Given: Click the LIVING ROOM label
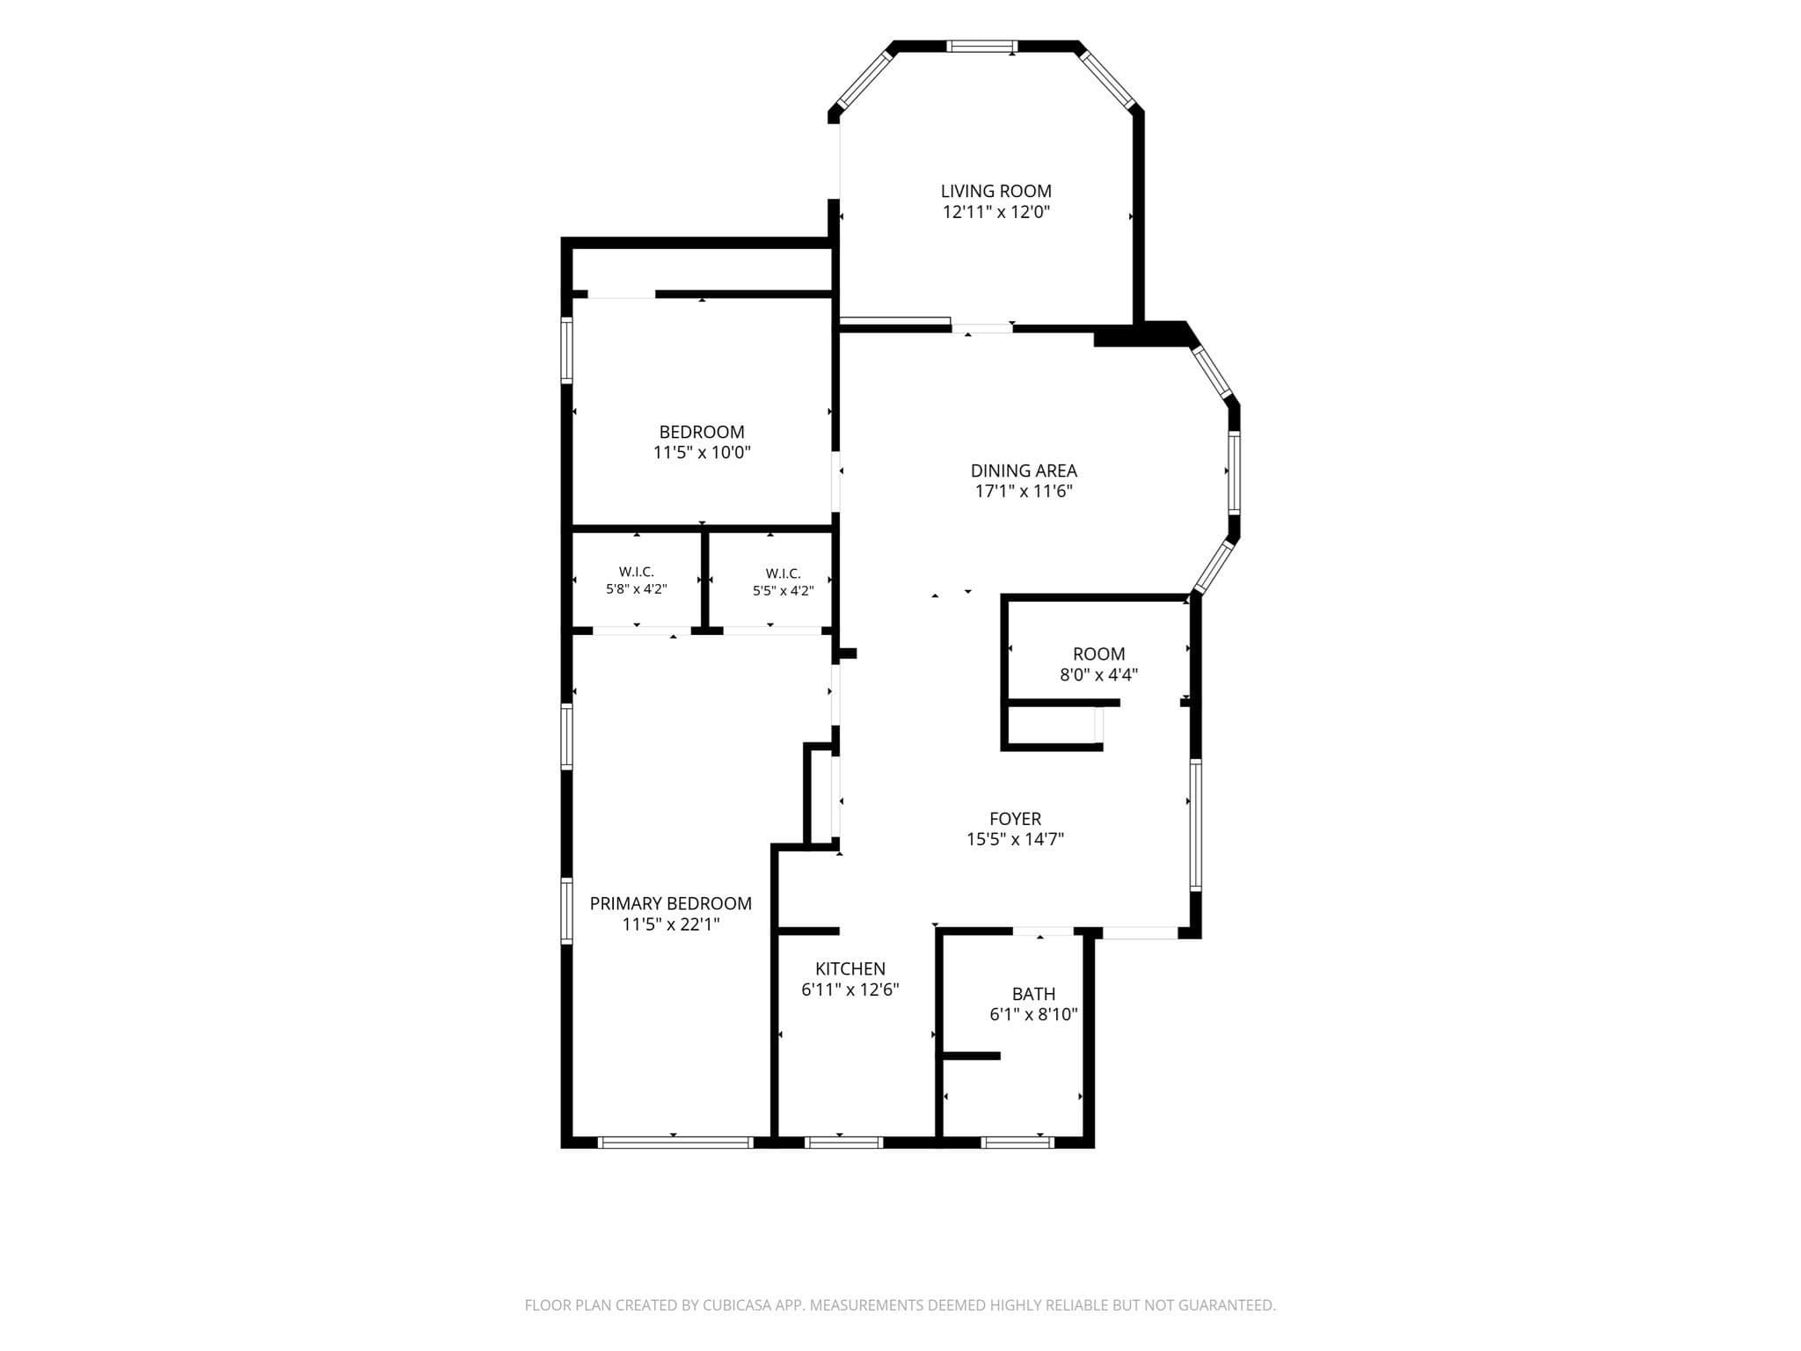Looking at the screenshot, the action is click(x=995, y=191).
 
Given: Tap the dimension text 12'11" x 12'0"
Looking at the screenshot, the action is click(x=996, y=212).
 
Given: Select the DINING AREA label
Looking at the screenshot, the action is click(x=1024, y=471).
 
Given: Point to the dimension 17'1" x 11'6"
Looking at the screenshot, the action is click(x=1024, y=492).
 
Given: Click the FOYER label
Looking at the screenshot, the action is click(x=1015, y=819).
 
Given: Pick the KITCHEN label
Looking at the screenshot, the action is click(x=849, y=968).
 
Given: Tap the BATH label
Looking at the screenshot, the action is click(x=1033, y=994).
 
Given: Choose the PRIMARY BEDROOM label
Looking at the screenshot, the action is click(x=670, y=903).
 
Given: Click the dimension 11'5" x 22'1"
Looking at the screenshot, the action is click(x=671, y=924).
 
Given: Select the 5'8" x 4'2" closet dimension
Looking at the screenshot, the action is click(x=636, y=589).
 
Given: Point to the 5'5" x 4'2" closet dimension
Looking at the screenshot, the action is click(x=783, y=591).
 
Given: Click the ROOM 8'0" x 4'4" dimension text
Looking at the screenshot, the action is click(x=1098, y=675).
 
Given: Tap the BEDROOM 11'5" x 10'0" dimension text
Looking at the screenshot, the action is click(x=702, y=453).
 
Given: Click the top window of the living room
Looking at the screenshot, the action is click(x=981, y=47).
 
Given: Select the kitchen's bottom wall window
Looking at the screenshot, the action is click(x=843, y=1143).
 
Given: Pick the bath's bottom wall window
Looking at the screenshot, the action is click(x=1017, y=1143).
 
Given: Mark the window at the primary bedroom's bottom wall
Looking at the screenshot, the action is click(x=675, y=1143).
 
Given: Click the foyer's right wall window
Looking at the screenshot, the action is click(x=1195, y=825).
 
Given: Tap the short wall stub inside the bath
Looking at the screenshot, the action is click(x=971, y=1055).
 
